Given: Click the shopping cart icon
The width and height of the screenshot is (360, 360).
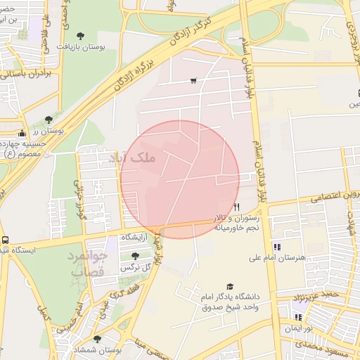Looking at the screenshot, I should pos(193,81).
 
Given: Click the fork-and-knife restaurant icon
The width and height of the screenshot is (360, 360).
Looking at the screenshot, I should pos(237,207).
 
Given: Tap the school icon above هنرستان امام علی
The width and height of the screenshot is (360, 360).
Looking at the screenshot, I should pos(276,247).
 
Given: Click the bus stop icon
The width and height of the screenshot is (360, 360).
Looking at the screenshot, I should pos(5,240).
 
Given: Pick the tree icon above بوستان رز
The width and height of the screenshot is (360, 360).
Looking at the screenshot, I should pos(48,120).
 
